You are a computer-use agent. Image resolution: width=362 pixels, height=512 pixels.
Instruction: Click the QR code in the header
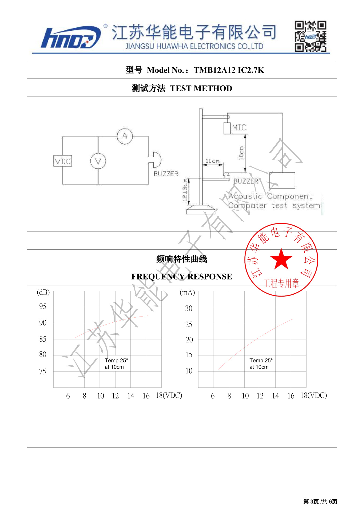click(x=310, y=36)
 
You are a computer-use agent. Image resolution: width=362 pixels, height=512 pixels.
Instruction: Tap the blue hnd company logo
click(x=71, y=38)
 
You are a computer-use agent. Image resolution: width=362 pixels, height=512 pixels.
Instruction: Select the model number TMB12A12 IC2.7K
click(x=229, y=70)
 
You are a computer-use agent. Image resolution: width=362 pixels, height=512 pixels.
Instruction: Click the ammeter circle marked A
click(x=125, y=136)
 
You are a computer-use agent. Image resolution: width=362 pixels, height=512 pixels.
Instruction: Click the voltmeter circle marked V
click(x=98, y=161)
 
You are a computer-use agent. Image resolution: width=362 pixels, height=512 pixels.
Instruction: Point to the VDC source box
click(x=63, y=161)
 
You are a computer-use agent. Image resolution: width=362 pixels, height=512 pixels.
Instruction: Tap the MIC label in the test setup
click(x=239, y=128)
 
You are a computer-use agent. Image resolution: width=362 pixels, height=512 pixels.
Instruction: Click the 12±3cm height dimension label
click(x=185, y=190)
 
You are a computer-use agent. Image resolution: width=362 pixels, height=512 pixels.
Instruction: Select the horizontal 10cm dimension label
click(x=212, y=161)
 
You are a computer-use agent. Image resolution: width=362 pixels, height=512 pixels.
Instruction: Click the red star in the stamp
click(x=281, y=259)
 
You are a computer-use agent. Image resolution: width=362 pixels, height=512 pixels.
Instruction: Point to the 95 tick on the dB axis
click(x=43, y=306)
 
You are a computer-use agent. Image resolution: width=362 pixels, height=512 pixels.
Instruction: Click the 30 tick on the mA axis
click(x=189, y=309)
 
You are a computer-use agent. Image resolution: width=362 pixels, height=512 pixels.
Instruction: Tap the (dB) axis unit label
click(x=43, y=293)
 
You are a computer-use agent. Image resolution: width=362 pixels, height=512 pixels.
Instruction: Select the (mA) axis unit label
click(x=187, y=293)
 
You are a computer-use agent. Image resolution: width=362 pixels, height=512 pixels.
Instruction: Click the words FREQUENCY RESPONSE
click(x=182, y=277)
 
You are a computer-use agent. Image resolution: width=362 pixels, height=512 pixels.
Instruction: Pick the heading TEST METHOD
click(x=201, y=88)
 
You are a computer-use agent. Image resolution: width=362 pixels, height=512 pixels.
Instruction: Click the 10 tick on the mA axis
click(x=189, y=371)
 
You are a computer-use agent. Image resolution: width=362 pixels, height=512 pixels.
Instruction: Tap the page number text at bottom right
click(x=320, y=502)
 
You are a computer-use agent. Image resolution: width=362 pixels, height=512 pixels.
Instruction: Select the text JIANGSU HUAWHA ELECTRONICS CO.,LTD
click(x=194, y=46)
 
